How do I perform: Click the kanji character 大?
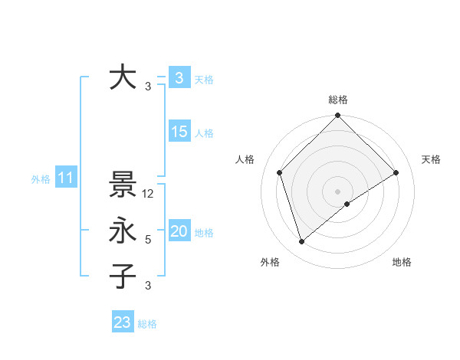tap(123, 78)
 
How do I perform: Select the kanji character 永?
tap(123, 231)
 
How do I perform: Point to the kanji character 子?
tap(123, 276)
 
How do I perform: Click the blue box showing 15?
tap(179, 132)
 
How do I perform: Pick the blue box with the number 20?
tap(179, 232)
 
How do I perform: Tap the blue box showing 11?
tap(65, 178)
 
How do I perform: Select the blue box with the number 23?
tap(123, 322)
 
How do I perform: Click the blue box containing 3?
tap(179, 78)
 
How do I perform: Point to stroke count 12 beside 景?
tap(149, 194)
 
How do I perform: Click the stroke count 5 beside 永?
tap(148, 240)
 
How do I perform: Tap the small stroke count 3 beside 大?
tap(148, 87)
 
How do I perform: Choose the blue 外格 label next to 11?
tap(41, 179)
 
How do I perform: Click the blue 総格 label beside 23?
tap(147, 324)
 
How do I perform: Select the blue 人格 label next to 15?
tap(204, 133)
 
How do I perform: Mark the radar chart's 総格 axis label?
tap(337, 100)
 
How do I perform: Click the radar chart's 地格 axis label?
tap(402, 262)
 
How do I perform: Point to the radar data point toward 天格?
tap(396, 172)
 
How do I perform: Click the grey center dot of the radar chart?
tap(337, 191)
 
